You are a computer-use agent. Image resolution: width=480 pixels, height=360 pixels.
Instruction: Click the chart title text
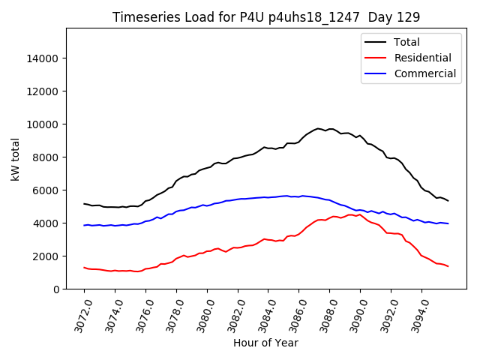click(x=266, y=17)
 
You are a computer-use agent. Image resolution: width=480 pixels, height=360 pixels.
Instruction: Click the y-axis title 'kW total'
click(x=16, y=158)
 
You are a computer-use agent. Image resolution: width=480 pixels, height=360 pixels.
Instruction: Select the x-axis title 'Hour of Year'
click(x=265, y=343)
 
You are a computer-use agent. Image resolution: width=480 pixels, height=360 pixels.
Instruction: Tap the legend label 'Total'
click(x=407, y=42)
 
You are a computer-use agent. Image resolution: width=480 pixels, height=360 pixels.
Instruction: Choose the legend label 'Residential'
click(x=423, y=58)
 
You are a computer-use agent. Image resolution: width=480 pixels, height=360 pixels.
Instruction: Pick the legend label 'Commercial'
click(x=425, y=73)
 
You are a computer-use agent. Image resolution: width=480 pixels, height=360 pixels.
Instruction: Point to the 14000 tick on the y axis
click(x=43, y=58)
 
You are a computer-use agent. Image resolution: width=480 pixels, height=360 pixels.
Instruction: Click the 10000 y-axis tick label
click(x=43, y=124)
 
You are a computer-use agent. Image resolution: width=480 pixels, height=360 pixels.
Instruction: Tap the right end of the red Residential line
click(x=448, y=266)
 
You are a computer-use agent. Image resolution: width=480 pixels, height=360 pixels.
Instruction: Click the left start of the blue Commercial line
click(x=84, y=225)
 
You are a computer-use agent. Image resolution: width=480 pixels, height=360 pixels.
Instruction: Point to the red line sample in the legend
click(x=376, y=58)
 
